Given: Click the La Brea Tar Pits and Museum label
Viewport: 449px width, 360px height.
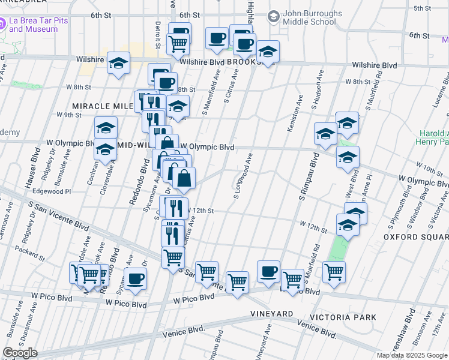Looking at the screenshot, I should (x=38, y=25).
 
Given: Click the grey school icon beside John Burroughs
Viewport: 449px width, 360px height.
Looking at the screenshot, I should (x=274, y=15).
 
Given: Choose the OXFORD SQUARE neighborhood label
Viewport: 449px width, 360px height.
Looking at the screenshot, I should (x=413, y=237).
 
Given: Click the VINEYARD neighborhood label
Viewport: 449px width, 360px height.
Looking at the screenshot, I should (x=272, y=314).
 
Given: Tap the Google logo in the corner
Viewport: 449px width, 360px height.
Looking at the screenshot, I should (x=20, y=353).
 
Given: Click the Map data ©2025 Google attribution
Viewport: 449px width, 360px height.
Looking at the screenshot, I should (x=411, y=355).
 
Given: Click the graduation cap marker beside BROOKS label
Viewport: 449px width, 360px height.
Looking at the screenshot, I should (x=268, y=52).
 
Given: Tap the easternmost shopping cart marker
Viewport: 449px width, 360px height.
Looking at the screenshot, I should (x=334, y=271).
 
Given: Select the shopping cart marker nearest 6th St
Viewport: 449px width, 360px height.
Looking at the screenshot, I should (x=178, y=43).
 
